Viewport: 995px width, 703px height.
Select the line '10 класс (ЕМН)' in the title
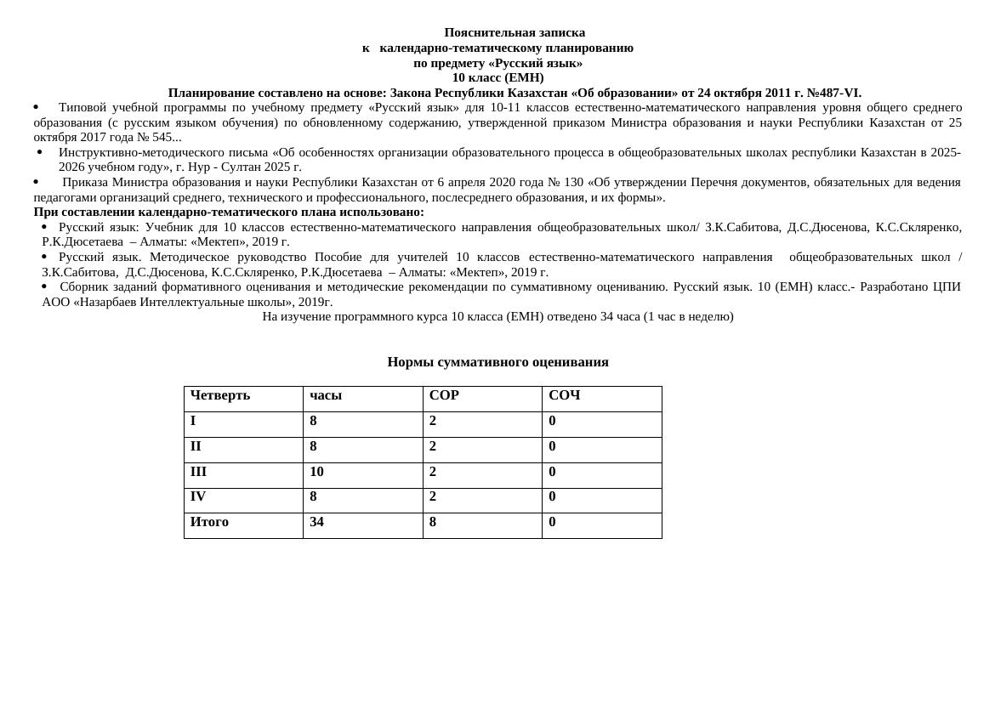click(497, 77)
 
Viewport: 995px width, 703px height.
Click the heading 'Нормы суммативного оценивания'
click(497, 362)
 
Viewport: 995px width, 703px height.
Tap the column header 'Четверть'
click(220, 395)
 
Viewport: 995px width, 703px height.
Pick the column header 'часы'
click(326, 395)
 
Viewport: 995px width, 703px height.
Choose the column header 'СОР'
click(444, 395)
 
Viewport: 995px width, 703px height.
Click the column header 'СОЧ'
click(564, 395)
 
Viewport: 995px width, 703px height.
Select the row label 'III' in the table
click(198, 472)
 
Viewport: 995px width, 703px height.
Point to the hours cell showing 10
click(316, 472)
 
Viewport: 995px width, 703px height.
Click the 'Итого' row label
click(209, 522)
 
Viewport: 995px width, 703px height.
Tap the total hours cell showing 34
click(316, 522)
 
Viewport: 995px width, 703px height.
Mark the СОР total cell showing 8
click(433, 522)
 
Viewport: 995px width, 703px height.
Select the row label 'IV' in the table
click(198, 496)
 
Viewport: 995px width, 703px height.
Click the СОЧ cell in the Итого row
click(552, 522)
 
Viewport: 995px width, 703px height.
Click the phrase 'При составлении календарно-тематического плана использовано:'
click(229, 212)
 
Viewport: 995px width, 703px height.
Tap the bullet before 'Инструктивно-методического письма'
click(39, 152)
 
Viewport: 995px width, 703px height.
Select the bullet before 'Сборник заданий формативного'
click(44, 286)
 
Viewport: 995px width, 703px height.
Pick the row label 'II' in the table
click(196, 446)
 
